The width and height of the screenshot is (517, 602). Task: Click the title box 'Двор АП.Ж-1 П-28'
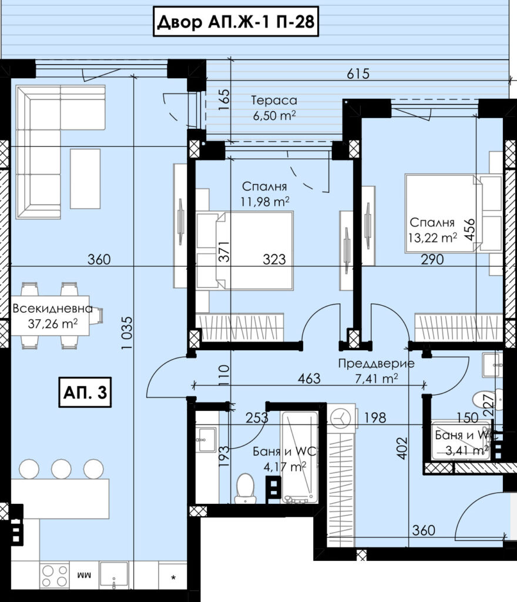(236, 22)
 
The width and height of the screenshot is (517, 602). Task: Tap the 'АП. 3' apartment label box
(85, 392)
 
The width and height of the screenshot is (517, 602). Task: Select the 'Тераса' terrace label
(274, 100)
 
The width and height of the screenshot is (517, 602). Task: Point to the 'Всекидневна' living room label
(52, 308)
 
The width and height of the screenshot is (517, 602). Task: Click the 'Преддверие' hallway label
(376, 363)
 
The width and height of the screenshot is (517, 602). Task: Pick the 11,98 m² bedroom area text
(264, 201)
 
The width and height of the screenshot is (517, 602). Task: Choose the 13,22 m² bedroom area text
(432, 238)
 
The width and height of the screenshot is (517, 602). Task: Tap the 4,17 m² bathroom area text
(284, 466)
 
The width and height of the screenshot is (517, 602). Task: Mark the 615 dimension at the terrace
(358, 73)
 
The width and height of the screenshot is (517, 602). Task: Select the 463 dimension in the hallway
(309, 378)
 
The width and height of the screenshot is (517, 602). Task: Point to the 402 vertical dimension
(402, 448)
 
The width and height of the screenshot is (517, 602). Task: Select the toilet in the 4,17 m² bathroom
(245, 488)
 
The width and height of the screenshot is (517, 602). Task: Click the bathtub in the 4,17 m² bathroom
(300, 457)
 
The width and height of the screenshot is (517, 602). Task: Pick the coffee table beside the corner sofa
(85, 179)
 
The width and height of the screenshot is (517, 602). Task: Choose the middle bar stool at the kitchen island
(61, 469)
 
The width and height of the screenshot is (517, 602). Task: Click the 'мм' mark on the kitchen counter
(85, 576)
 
